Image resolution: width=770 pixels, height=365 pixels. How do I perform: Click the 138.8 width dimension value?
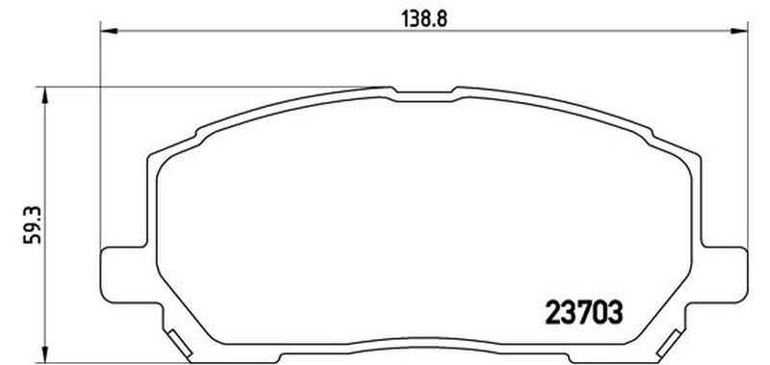pyautogui.click(x=424, y=19)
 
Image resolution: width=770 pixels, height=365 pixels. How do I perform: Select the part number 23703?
pyautogui.click(x=584, y=312)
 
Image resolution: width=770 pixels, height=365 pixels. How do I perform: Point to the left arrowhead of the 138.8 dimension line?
pyautogui.click(x=109, y=31)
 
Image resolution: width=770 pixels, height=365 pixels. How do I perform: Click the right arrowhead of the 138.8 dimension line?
pyautogui.click(x=739, y=31)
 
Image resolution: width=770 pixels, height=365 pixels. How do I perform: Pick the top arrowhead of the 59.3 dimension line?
pyautogui.click(x=45, y=95)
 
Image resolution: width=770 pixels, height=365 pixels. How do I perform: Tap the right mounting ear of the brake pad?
pyautogui.click(x=725, y=274)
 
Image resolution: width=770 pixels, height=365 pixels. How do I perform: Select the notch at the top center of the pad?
pyautogui.click(x=424, y=91)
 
